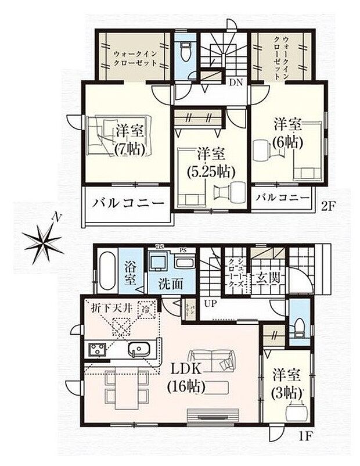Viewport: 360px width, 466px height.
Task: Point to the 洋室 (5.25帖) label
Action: tap(211, 163)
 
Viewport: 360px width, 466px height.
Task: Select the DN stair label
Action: tap(236, 83)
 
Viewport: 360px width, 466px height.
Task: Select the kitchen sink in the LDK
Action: tap(139, 350)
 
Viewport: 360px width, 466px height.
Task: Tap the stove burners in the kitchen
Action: tap(96, 350)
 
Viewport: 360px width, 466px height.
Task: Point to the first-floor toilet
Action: tap(298, 327)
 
